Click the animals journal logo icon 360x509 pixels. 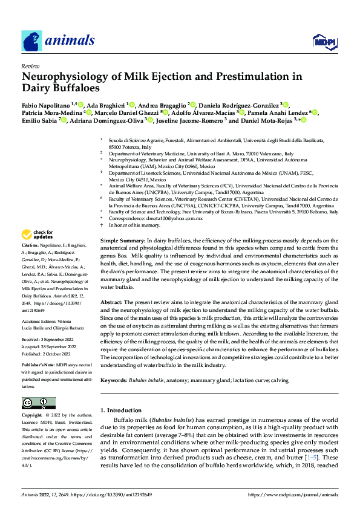point(31,41)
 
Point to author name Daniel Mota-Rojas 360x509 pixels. point(267,120)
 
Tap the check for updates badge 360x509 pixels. point(37,234)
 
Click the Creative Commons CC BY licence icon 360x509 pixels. point(38,403)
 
